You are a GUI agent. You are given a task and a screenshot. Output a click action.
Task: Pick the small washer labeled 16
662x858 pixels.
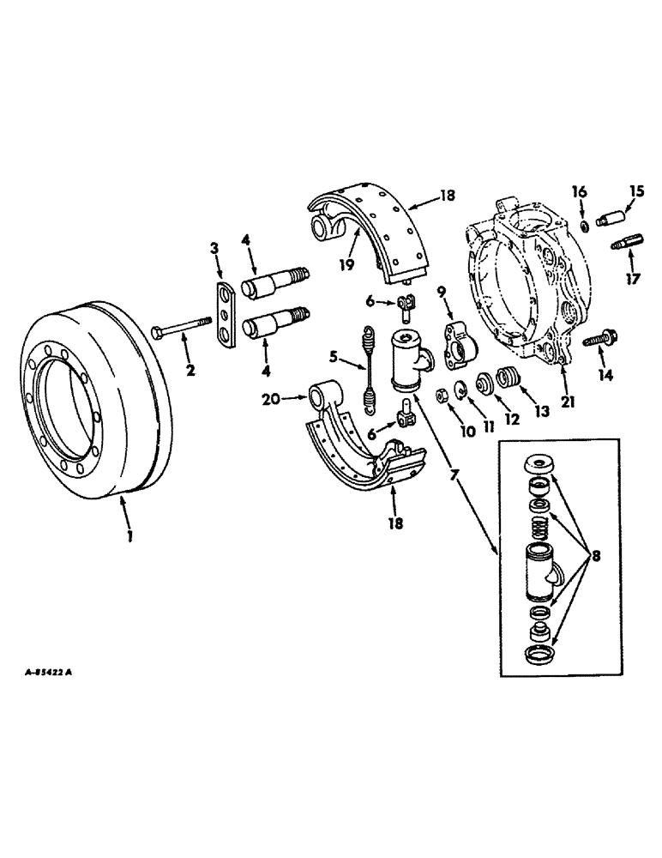(582, 225)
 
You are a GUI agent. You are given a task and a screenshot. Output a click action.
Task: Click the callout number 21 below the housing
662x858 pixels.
(568, 400)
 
